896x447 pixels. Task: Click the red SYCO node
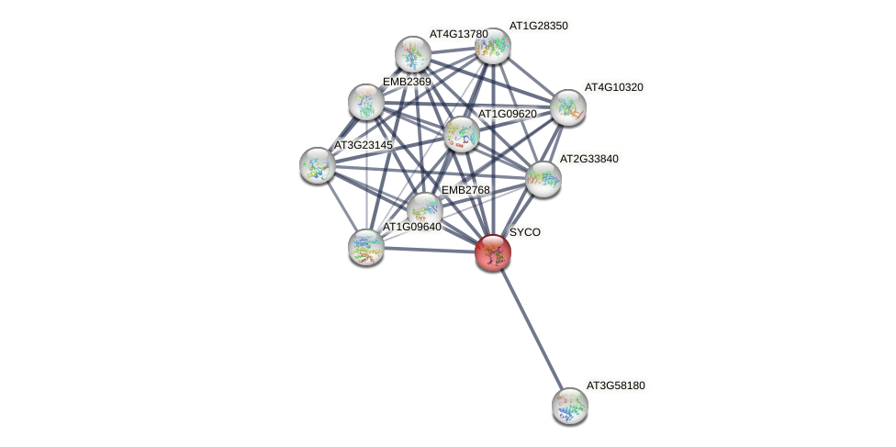493,252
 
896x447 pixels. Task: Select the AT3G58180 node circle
569,405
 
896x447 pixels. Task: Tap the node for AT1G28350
493,46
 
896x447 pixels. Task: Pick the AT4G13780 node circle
413,54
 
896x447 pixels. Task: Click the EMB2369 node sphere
366,102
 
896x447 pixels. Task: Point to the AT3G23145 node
318,165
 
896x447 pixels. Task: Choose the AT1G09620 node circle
462,134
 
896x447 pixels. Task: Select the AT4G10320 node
568,107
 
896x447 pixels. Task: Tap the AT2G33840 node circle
543,179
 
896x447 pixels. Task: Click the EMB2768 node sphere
424,210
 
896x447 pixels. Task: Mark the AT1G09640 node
366,246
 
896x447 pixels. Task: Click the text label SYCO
525,232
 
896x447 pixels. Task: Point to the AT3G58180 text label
616,386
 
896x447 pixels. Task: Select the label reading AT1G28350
539,26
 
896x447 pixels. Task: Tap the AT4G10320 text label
614,87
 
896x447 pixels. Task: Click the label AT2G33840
588,159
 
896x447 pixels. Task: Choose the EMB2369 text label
407,82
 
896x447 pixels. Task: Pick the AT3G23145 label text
364,145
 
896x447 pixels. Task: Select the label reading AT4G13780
459,34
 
